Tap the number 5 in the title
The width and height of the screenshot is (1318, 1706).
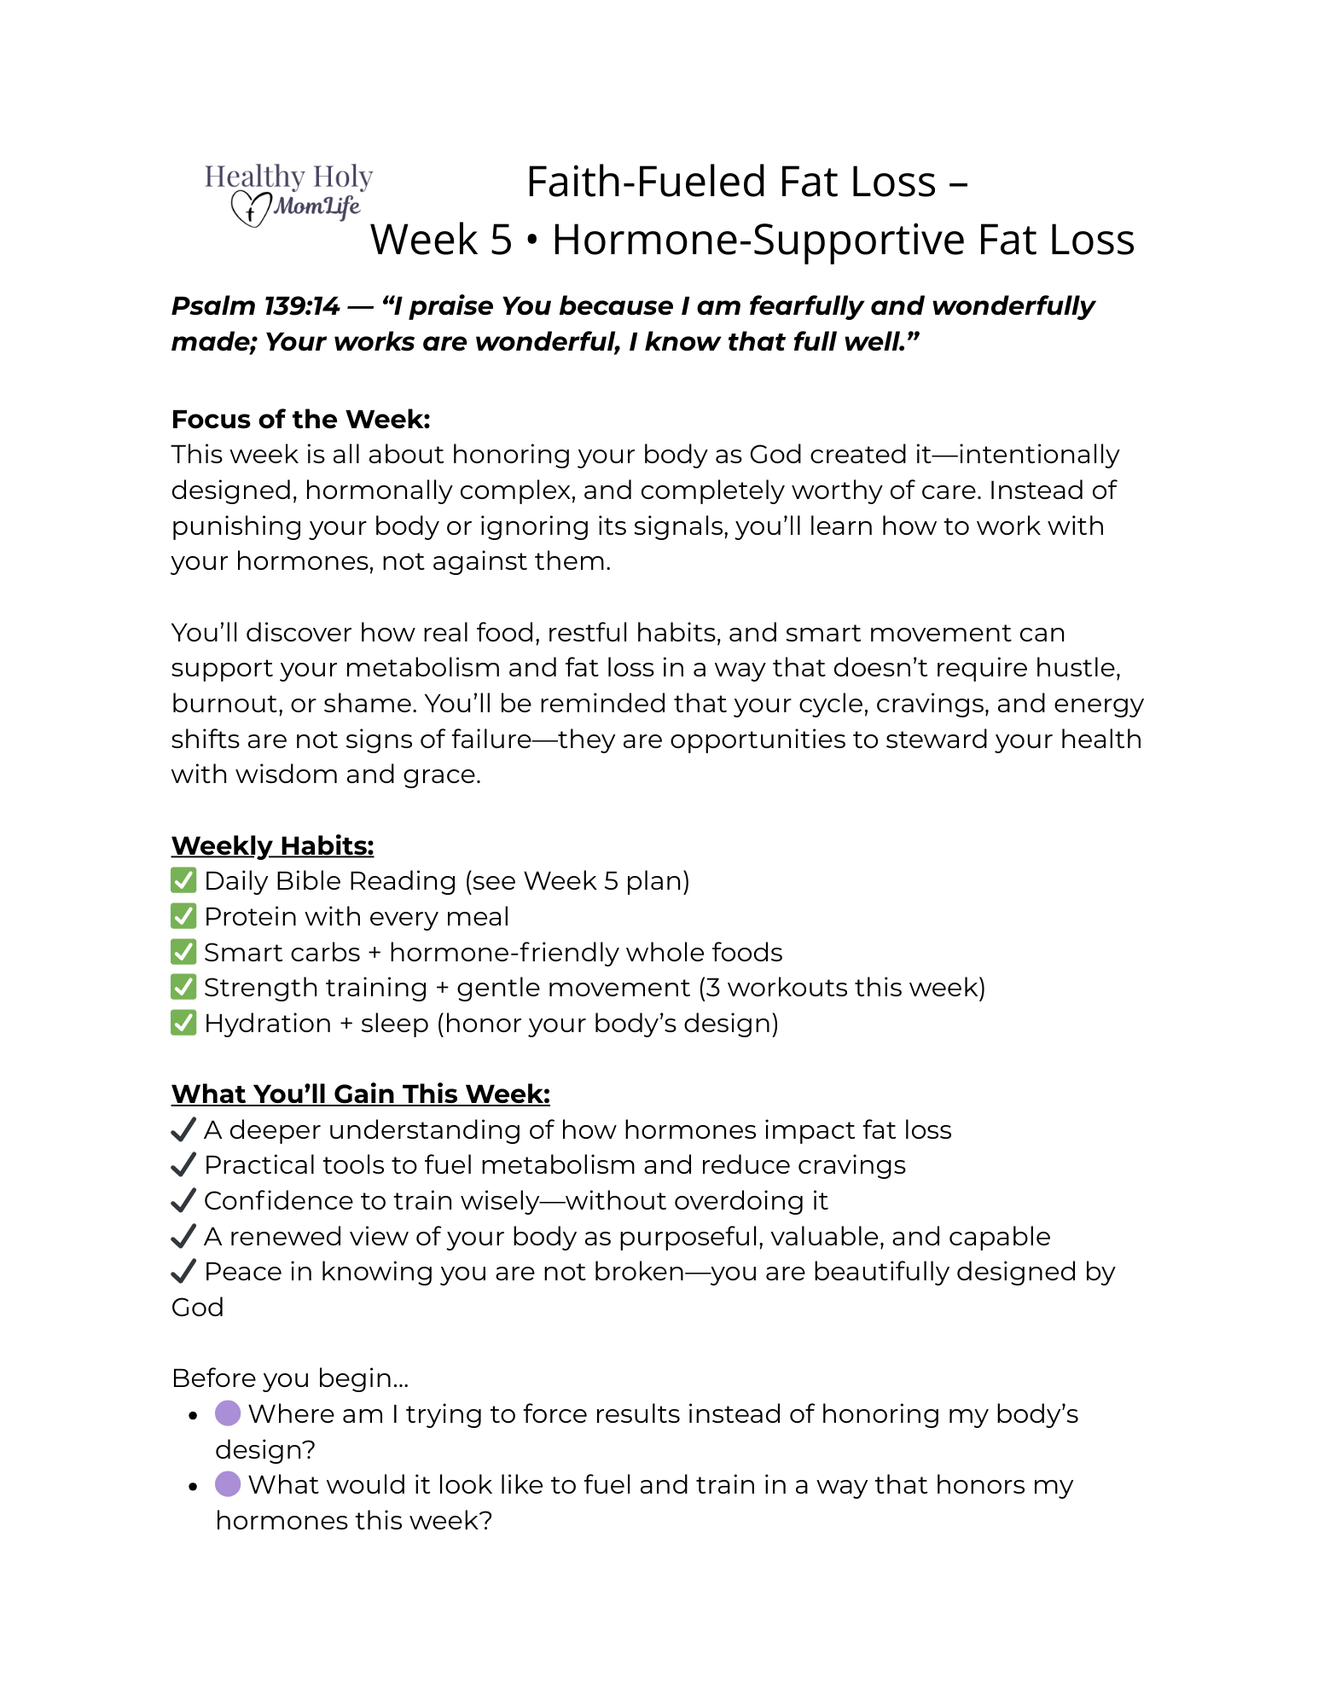click(x=500, y=240)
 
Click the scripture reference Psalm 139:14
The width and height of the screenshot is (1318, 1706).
click(x=255, y=306)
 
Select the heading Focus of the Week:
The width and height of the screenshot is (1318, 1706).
click(x=300, y=419)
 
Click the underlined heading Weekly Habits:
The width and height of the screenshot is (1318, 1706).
click(x=272, y=845)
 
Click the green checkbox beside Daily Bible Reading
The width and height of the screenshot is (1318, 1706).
click(x=183, y=880)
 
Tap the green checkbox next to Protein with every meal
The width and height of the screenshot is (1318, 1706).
click(x=183, y=916)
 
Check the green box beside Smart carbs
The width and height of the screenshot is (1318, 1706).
click(x=183, y=952)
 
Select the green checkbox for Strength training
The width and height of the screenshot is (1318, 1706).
click(x=183, y=987)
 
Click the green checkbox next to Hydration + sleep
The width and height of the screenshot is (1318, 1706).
click(x=183, y=1023)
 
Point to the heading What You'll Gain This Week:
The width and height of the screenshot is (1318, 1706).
click(x=360, y=1094)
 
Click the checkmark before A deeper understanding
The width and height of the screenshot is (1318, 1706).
click(x=183, y=1130)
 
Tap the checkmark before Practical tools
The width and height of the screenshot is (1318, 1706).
click(x=183, y=1165)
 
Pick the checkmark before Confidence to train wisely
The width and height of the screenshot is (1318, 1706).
click(x=183, y=1201)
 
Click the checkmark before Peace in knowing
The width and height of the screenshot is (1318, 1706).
click(x=183, y=1272)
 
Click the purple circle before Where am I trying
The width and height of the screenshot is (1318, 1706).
click(x=228, y=1413)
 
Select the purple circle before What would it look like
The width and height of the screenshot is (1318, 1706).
click(x=228, y=1484)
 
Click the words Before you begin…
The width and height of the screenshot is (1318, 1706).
click(x=290, y=1378)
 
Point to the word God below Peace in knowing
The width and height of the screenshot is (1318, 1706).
click(x=197, y=1308)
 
